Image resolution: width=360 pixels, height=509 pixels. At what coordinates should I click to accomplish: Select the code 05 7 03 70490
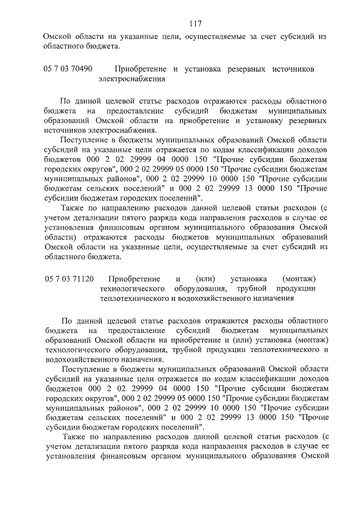pos(68,69)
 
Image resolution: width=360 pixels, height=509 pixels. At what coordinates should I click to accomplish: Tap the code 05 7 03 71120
pos(68,278)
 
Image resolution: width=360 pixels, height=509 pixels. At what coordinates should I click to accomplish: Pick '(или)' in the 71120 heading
pos(205,278)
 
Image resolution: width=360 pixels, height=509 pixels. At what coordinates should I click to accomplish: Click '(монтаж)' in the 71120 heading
pos(300,278)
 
